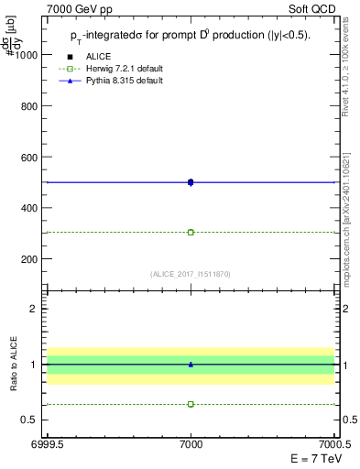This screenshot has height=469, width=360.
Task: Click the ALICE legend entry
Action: [98, 56]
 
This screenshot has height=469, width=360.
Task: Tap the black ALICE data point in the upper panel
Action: [191, 182]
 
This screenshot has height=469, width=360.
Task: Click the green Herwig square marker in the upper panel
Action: [191, 232]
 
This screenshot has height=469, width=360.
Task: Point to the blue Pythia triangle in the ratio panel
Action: [191, 364]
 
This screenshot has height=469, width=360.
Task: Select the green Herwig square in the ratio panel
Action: [191, 404]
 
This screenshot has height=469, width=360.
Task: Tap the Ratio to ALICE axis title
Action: [12, 364]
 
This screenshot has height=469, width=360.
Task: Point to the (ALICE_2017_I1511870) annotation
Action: [191, 274]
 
